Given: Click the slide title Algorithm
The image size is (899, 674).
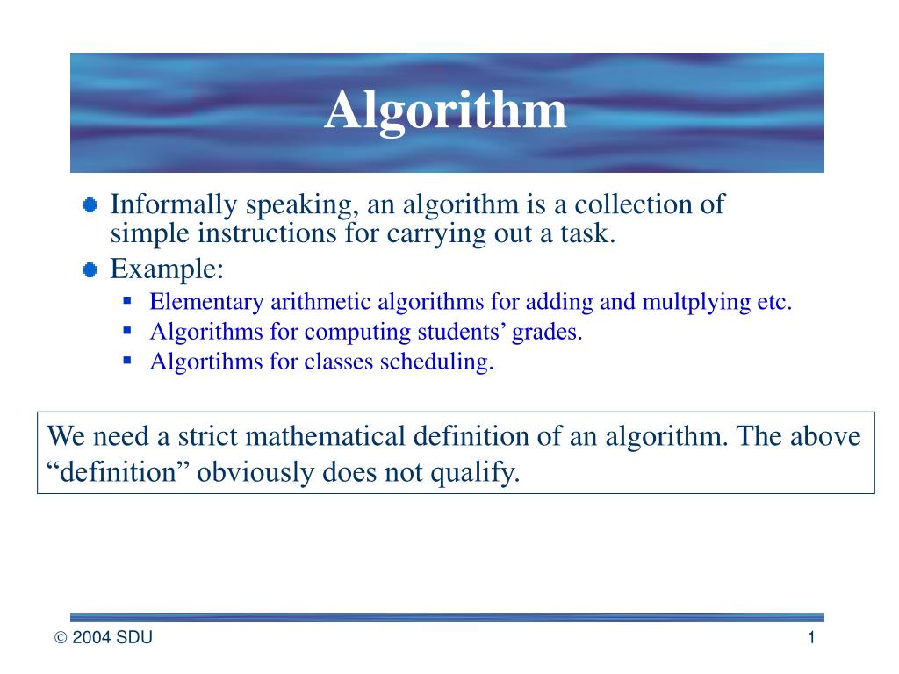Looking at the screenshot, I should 446,111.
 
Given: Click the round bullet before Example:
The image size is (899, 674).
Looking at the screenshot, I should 90,270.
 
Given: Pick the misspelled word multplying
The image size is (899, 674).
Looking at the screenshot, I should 697,303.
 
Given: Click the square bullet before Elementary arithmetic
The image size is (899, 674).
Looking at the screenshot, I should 127,301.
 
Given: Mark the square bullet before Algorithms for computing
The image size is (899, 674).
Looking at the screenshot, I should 127,331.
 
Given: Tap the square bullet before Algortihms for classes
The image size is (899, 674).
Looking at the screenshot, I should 127,360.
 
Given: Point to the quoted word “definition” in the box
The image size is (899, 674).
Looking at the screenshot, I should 117,473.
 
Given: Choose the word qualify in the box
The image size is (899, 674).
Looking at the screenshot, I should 482,474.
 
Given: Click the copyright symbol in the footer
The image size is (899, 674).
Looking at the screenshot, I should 61,639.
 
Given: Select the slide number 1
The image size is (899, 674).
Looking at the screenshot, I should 812,638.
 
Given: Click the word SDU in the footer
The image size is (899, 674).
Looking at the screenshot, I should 134,639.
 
